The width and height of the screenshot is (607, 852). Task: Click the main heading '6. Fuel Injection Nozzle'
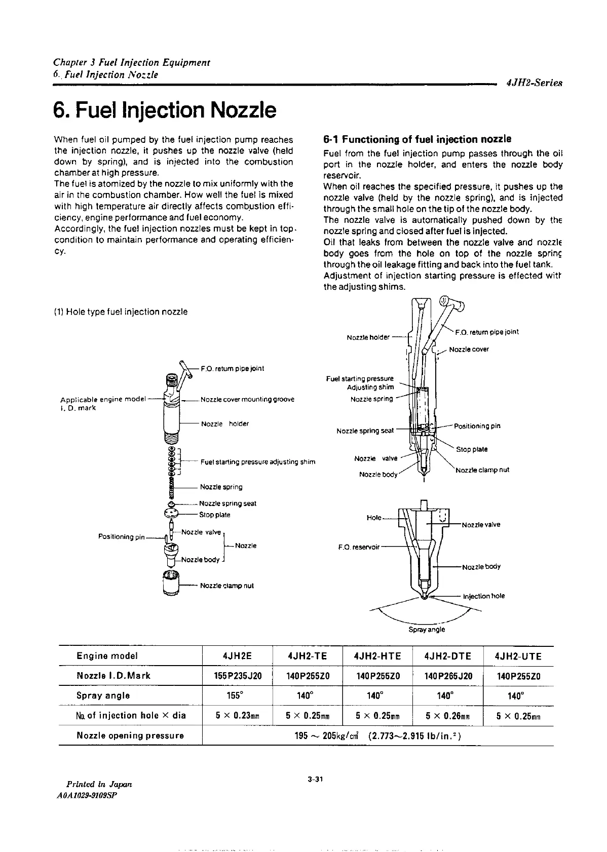165,110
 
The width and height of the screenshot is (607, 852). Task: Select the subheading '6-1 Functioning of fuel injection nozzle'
417,139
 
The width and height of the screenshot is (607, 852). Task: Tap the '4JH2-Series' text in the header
534,84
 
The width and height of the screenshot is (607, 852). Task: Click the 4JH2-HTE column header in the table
377,656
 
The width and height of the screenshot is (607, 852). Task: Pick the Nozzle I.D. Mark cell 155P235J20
237,676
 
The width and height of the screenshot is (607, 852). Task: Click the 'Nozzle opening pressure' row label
130,735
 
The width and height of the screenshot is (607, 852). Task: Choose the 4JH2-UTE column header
518,656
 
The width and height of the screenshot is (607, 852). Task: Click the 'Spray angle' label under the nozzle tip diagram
427,630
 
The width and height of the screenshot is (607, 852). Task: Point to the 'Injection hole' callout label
484,596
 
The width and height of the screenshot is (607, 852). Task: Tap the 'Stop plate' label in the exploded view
215,515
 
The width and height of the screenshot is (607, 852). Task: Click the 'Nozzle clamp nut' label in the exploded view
226,586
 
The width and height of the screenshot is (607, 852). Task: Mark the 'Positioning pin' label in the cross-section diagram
477,426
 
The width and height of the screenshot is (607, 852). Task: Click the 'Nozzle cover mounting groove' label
247,399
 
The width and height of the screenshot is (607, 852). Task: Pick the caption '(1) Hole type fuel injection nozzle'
121,312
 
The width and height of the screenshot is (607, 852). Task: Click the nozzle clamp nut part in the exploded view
171,584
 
